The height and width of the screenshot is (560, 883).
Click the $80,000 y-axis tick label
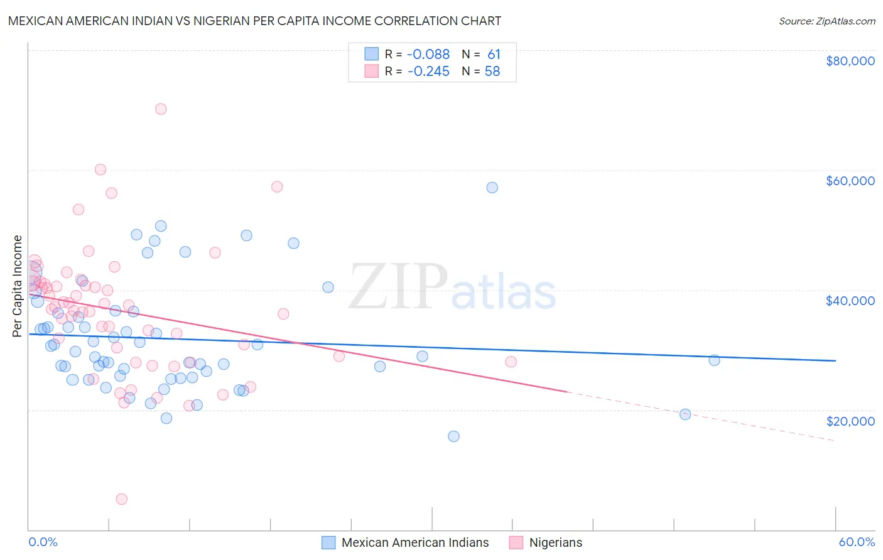point(850,61)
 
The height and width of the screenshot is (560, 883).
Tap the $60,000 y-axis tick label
point(850,181)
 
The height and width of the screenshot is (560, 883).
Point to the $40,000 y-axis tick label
point(850,301)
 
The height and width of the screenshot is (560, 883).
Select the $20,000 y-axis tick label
point(850,421)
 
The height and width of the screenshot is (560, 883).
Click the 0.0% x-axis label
point(43,542)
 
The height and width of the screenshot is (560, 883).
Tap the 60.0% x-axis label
point(856,542)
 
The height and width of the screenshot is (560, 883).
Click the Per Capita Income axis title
point(18,286)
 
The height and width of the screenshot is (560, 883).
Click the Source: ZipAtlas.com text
point(826,21)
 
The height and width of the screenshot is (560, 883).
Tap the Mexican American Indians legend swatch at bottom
point(328,542)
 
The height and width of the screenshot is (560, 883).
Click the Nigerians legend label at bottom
point(555,542)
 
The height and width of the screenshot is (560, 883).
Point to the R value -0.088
point(428,55)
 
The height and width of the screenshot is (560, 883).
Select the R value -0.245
point(428,72)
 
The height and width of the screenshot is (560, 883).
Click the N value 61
point(494,55)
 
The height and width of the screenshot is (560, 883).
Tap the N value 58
point(492,72)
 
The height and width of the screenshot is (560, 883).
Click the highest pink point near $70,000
point(161,109)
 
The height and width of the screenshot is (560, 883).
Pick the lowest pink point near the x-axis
point(122,499)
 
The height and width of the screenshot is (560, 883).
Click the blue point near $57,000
point(492,188)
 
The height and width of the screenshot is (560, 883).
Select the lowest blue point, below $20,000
point(453,436)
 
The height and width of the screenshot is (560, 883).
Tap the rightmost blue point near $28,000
point(714,360)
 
